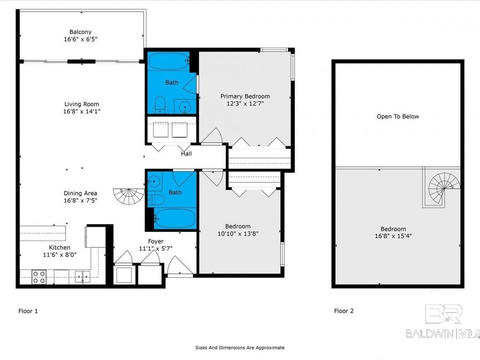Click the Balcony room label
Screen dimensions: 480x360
coord(80,32)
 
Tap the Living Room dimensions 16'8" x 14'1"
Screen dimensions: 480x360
coord(82,111)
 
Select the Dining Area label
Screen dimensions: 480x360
coord(80,193)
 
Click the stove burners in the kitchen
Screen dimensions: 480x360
coord(39,277)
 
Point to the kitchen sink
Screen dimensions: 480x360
coord(83,276)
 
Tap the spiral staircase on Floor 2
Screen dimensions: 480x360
coord(444,187)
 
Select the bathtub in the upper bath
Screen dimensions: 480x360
coord(169,62)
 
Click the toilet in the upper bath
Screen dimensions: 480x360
coord(160,105)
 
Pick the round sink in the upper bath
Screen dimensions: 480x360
coord(185,107)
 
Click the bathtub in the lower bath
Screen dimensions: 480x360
coord(174,218)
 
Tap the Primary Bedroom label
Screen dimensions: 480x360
coord(245,96)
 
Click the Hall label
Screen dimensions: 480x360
coord(186,154)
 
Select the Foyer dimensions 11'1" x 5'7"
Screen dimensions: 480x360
coord(156,249)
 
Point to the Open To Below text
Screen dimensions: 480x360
coord(398,116)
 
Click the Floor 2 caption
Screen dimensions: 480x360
coord(344,311)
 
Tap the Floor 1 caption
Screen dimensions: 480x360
coord(28,311)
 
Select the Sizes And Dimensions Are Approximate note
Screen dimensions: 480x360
coord(240,347)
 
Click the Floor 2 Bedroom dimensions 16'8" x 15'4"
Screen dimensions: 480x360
coord(393,236)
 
